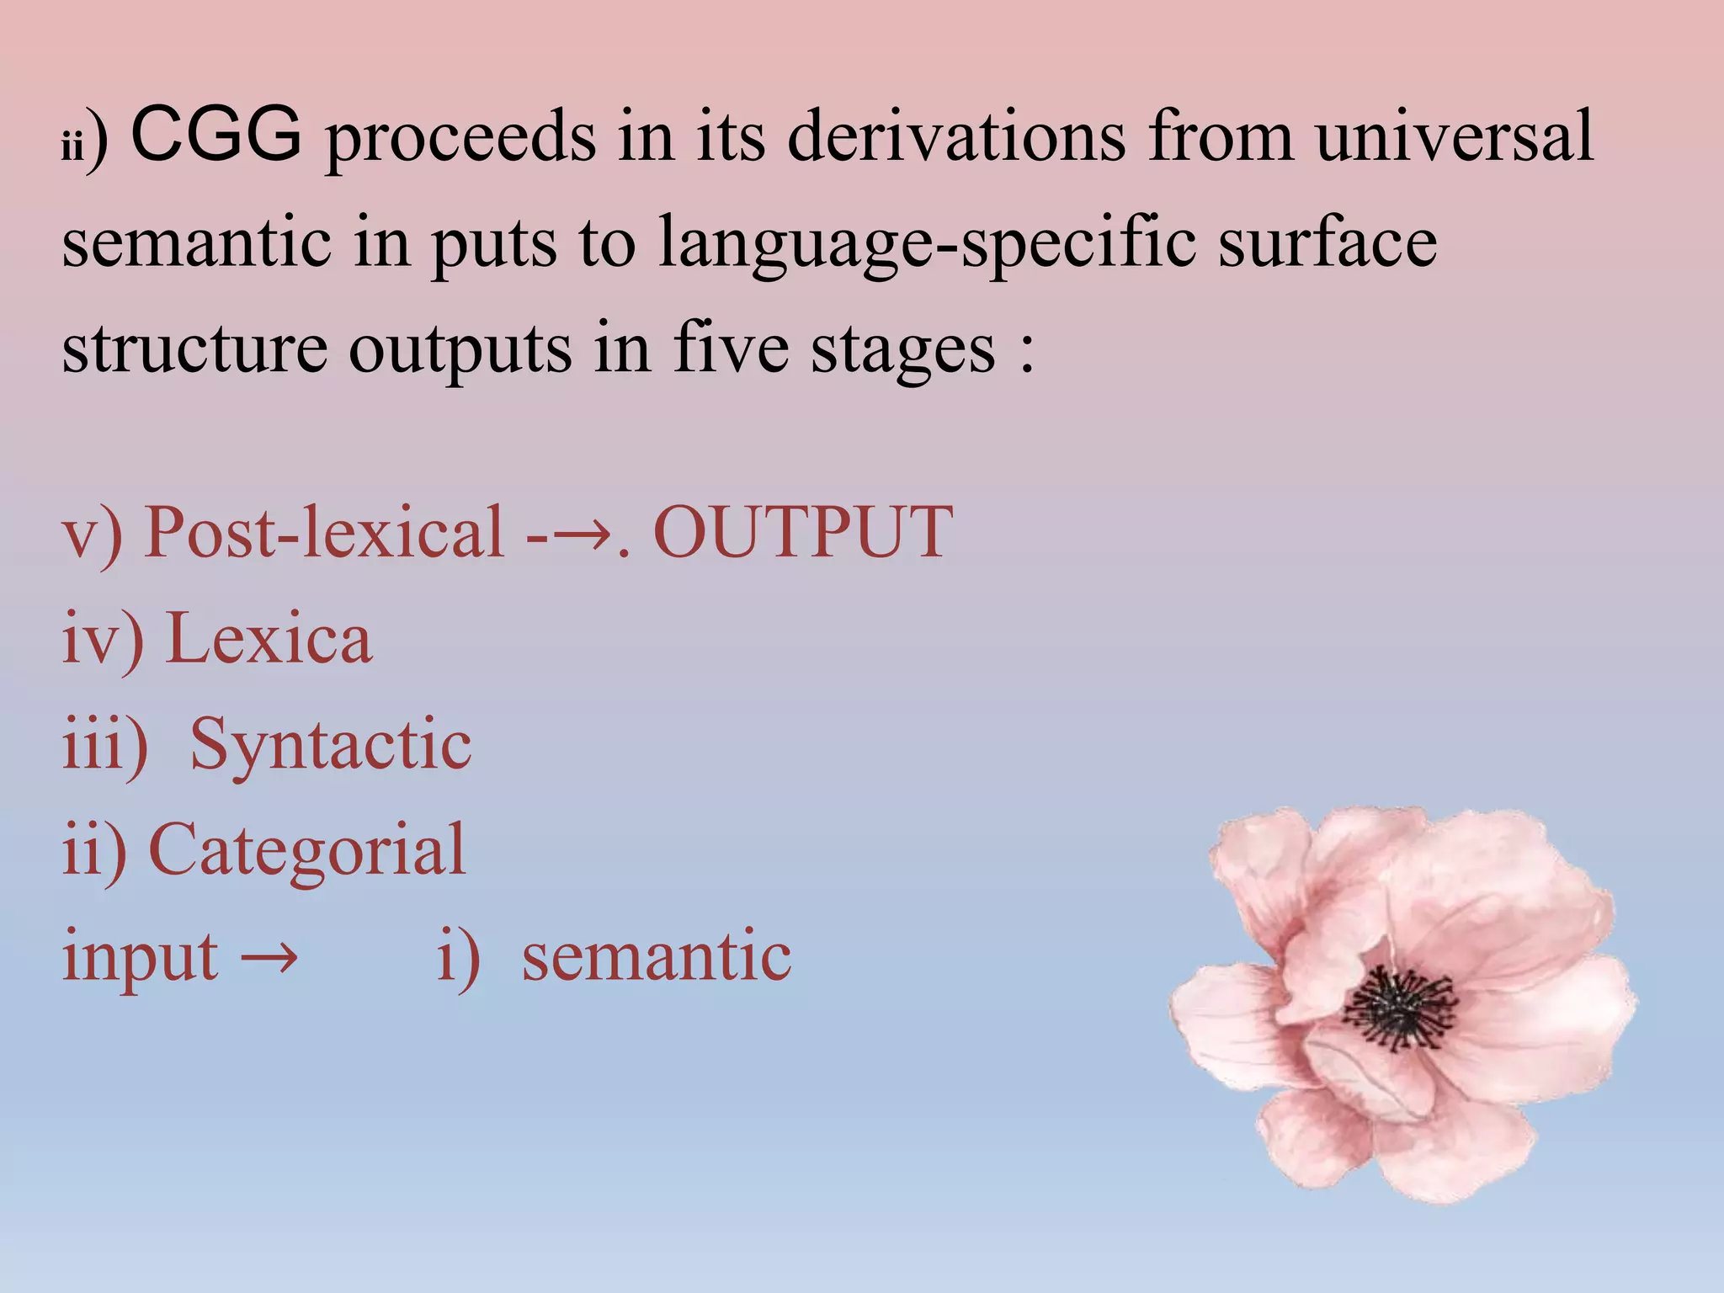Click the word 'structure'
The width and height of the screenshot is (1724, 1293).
coord(194,349)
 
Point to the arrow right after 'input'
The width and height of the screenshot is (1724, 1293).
coord(269,958)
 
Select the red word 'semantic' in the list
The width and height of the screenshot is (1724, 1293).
coord(657,956)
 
